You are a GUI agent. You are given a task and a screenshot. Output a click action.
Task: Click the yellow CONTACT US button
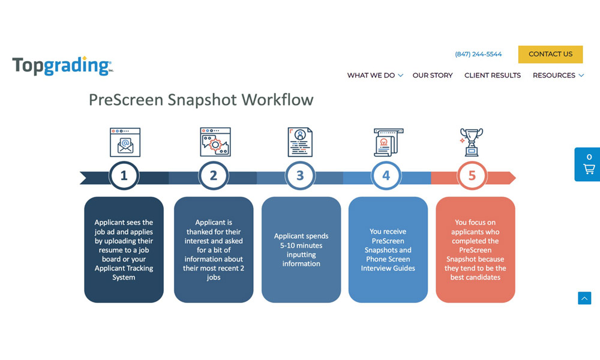[x=550, y=55]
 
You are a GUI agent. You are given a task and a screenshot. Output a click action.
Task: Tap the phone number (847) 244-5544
[x=478, y=55]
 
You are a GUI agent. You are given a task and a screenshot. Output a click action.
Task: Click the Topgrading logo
[x=63, y=65]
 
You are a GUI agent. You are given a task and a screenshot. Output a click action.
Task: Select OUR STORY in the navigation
[x=433, y=76]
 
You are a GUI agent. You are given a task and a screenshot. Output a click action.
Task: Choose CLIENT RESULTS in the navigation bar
[x=493, y=76]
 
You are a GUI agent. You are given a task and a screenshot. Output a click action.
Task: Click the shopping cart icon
[x=589, y=169]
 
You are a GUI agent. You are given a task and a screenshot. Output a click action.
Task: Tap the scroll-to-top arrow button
[x=584, y=298]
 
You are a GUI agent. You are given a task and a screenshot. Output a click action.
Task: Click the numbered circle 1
[x=124, y=176]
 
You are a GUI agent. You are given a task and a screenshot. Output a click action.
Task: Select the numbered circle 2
[x=214, y=176]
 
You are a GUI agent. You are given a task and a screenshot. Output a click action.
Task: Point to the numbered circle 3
[x=300, y=176]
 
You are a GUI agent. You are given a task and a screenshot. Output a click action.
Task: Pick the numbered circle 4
[x=386, y=176]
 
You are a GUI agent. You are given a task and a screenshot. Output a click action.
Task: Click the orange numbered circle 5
[x=472, y=176]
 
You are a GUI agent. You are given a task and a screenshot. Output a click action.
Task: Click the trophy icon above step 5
[x=472, y=142]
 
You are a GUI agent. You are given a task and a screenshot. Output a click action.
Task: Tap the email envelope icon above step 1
[x=125, y=142]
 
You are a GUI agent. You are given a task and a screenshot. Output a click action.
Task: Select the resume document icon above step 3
[x=300, y=142]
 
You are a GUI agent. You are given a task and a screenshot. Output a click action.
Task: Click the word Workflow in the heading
[x=277, y=100]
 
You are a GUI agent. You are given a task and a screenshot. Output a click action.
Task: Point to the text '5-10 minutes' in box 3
[x=301, y=245]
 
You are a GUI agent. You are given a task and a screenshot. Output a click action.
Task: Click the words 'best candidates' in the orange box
[x=475, y=277]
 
